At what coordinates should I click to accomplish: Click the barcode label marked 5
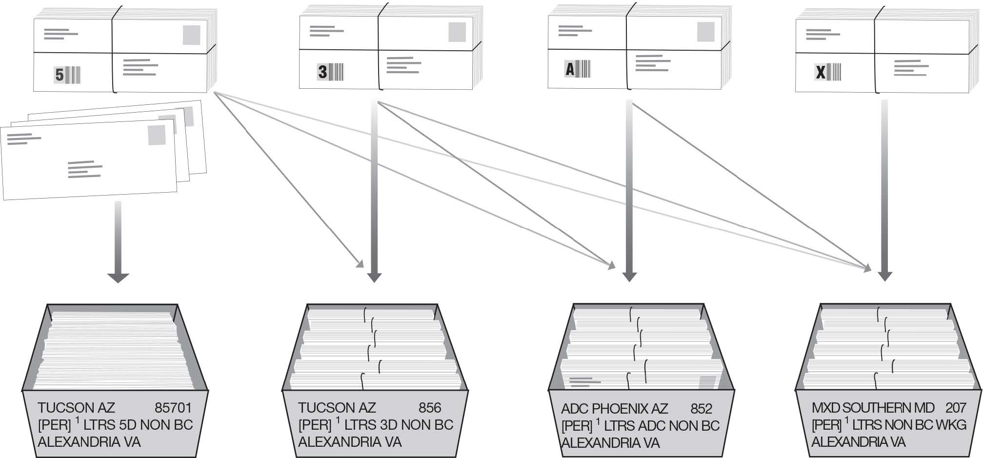(67, 75)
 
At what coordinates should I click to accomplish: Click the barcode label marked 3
(331, 72)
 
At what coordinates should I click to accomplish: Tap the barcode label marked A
(577, 69)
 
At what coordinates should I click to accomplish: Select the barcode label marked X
(828, 73)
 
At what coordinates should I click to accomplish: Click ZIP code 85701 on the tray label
(173, 408)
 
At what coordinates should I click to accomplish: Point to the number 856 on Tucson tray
(429, 408)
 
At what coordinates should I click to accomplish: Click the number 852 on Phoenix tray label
(701, 409)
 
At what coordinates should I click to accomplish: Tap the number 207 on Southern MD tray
(955, 408)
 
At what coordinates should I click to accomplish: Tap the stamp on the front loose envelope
(157, 135)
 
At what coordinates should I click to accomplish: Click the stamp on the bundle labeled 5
(191, 35)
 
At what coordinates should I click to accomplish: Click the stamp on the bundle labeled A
(705, 32)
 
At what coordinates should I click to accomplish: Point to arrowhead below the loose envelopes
(118, 278)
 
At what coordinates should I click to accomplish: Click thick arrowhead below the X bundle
(884, 276)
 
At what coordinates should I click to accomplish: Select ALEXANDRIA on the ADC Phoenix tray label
(610, 443)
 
